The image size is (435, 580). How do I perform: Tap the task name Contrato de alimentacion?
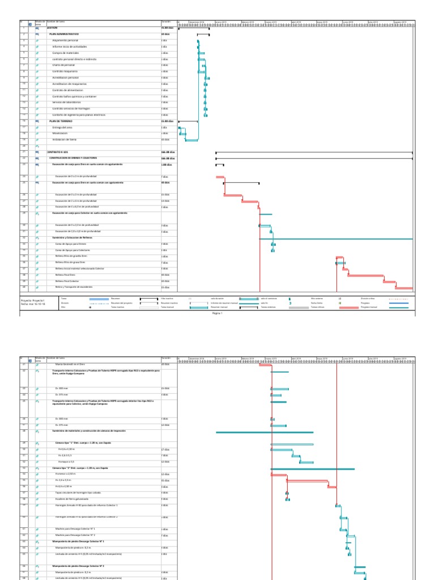tap(67, 90)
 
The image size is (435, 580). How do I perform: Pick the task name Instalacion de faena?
tap(64, 139)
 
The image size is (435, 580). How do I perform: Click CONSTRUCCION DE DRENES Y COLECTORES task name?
tap(72, 158)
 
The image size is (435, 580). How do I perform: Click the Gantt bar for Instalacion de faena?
tap(192, 140)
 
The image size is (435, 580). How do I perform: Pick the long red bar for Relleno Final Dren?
tap(365, 275)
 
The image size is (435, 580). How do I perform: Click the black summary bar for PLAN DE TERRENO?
tap(188, 121)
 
